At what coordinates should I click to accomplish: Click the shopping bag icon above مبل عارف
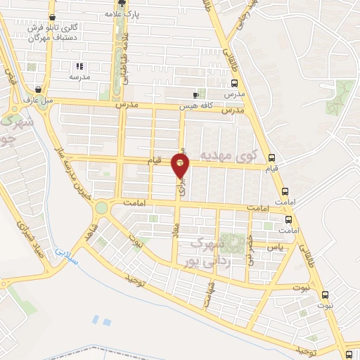37,89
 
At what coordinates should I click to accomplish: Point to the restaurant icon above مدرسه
79,66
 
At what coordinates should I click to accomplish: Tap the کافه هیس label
176,105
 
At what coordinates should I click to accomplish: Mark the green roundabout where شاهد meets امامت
102,207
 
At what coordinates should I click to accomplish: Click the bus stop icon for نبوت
324,295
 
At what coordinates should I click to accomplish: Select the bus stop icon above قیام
272,157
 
